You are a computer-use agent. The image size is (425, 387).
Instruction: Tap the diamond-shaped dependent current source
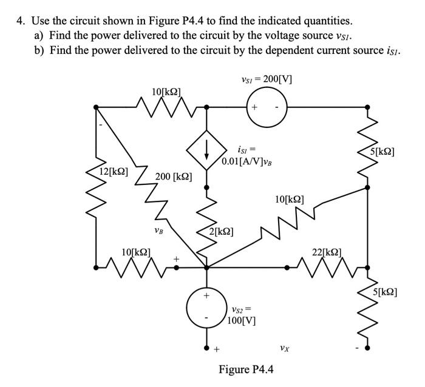tap(206, 148)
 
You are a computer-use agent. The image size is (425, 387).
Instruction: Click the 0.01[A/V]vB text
tap(246, 162)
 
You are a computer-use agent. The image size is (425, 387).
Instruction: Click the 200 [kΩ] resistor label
tap(174, 177)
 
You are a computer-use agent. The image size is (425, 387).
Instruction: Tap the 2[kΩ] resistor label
tap(222, 231)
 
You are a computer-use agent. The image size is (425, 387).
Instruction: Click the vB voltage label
tap(158, 230)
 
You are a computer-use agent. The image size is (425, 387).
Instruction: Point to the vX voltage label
tap(284, 348)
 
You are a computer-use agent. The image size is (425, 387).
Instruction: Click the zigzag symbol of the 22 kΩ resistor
tap(327, 266)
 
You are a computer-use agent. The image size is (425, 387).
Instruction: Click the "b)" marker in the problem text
tap(39, 50)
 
